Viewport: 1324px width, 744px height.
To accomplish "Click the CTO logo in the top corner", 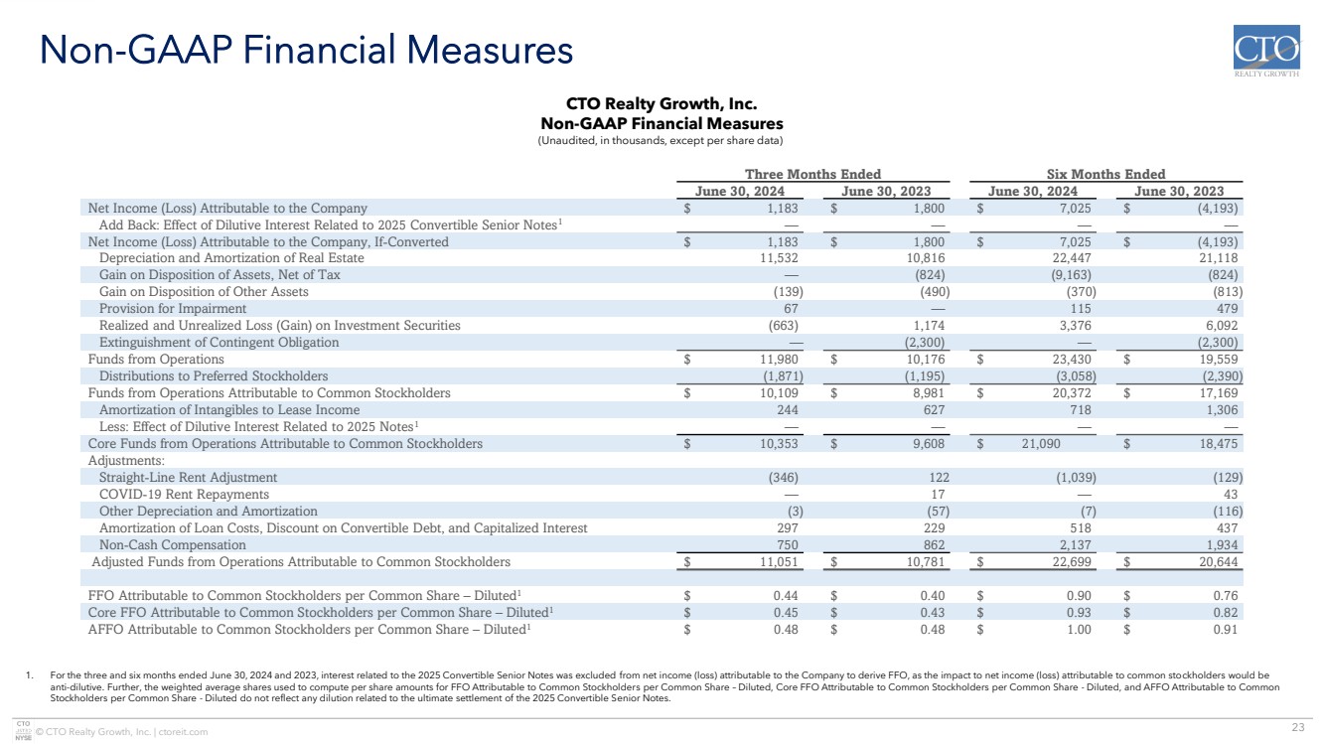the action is [1266, 51].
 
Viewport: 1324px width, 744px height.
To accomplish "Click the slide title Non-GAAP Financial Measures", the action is [306, 50].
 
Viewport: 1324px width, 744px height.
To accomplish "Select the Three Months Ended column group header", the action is [812, 174].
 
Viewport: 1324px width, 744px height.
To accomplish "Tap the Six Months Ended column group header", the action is [1105, 174].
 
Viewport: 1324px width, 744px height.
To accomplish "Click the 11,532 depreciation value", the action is [779, 257].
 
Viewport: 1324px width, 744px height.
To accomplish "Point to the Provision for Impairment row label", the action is [173, 309].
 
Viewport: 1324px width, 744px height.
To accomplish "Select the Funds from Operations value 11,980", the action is [779, 360].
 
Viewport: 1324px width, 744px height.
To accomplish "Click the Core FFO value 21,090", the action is [1041, 444].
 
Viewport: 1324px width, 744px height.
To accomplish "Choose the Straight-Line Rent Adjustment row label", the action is [188, 478].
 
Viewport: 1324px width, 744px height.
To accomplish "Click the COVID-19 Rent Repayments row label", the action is [184, 494].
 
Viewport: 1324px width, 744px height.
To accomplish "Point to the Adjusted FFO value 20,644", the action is [1218, 562].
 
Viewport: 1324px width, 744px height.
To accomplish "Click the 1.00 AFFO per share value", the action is [1079, 630].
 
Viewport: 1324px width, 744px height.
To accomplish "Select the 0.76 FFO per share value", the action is [1226, 596].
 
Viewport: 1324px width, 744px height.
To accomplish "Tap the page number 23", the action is [1298, 727].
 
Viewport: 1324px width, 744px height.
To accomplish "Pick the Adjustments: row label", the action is [126, 460].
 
